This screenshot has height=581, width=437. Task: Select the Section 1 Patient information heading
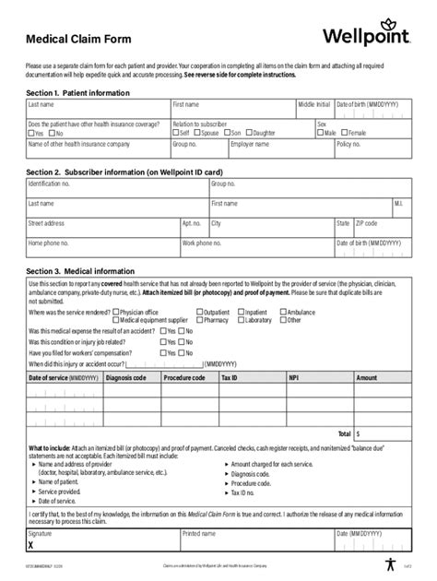point(77,93)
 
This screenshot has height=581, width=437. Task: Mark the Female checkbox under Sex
point(344,133)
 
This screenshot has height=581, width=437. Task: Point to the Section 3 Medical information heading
point(81,271)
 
